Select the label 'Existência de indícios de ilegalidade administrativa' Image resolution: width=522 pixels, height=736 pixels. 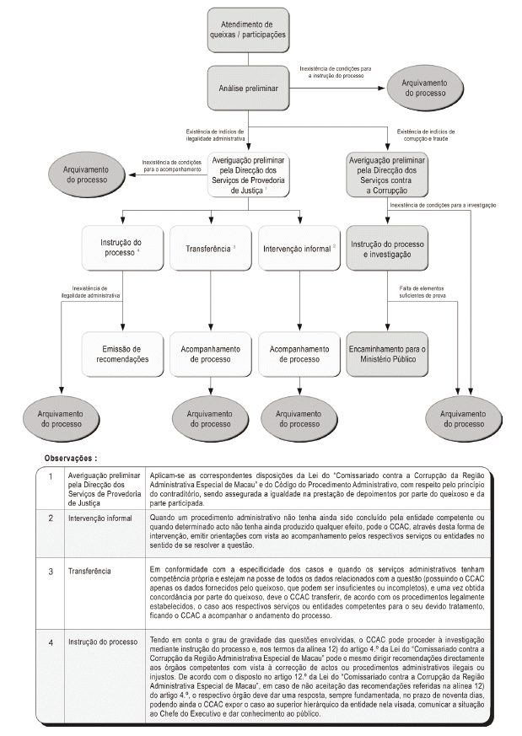tap(215, 134)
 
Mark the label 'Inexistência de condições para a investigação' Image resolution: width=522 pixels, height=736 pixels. tap(443, 206)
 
